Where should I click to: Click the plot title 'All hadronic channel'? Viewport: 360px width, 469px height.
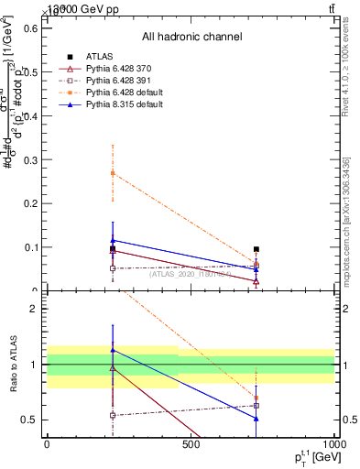click(191, 37)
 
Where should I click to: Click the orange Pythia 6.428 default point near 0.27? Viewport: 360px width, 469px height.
click(113, 173)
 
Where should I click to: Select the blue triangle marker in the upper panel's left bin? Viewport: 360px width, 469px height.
click(113, 240)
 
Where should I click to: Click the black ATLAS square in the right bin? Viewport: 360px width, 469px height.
click(256, 249)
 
